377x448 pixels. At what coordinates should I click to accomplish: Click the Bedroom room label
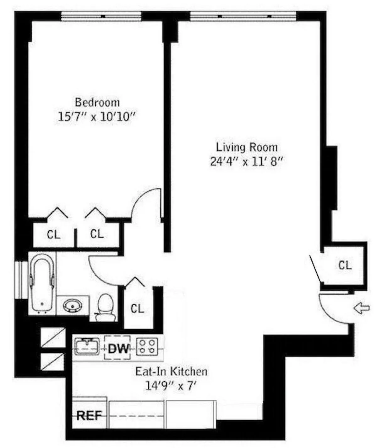97,102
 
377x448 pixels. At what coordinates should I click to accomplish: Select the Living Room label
247,147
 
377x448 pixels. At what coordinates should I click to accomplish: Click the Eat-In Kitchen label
171,371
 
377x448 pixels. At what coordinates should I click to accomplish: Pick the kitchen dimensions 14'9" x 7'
172,385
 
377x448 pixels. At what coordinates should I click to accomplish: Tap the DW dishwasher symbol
118,348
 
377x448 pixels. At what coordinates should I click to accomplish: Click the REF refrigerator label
89,416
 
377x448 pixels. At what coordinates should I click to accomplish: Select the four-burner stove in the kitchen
147,347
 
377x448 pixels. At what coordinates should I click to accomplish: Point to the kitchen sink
87,346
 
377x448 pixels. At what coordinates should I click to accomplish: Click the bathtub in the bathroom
42,283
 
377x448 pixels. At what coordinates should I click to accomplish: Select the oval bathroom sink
73,305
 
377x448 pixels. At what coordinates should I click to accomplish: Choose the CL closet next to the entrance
345,265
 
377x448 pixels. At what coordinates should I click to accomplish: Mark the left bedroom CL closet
54,234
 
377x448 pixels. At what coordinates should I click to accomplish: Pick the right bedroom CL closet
97,234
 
